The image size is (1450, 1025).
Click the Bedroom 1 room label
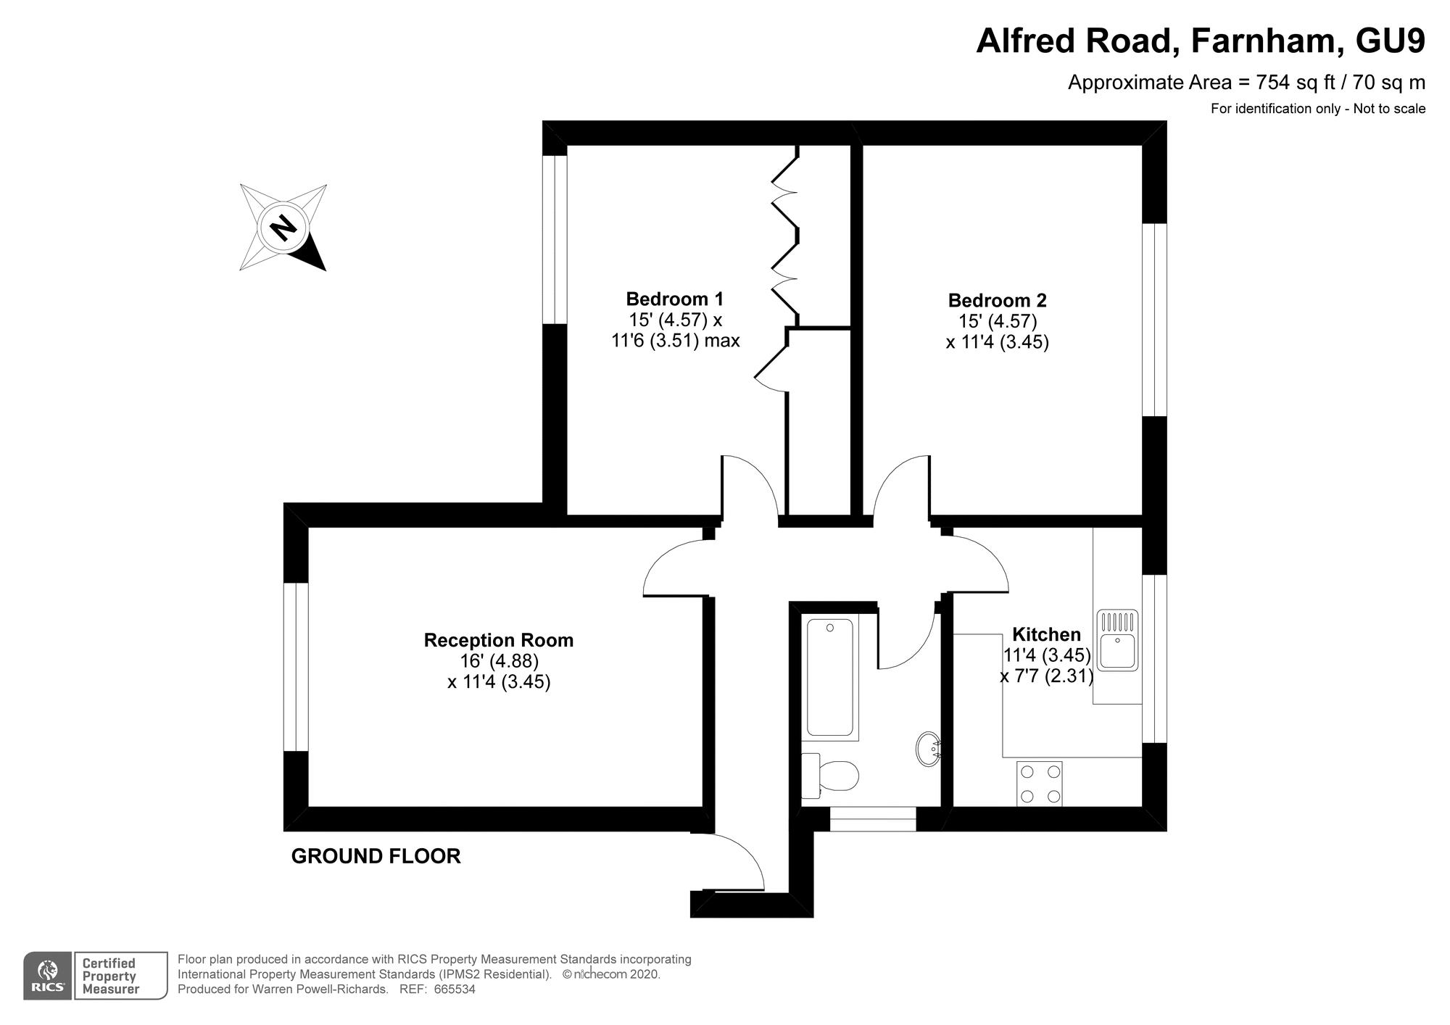[674, 299]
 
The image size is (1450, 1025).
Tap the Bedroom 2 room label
[997, 300]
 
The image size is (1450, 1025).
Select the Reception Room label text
[498, 640]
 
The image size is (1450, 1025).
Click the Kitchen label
[1045, 634]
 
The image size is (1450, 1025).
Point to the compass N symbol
[283, 228]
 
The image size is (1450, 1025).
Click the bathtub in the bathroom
[829, 677]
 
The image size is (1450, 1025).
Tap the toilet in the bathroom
[831, 775]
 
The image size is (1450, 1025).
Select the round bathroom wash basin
[928, 750]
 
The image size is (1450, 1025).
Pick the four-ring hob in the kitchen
[1039, 783]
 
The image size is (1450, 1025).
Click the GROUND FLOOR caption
[376, 856]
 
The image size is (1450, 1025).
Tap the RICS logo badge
[48, 976]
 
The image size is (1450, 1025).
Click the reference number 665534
[455, 989]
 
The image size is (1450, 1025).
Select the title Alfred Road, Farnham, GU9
[1200, 41]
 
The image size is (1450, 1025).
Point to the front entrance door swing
[732, 863]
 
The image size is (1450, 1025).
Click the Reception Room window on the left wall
[296, 666]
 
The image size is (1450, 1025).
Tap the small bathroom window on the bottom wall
[873, 819]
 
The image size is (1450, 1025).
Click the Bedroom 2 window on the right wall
[1154, 320]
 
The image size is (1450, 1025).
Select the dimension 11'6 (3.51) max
[675, 341]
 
